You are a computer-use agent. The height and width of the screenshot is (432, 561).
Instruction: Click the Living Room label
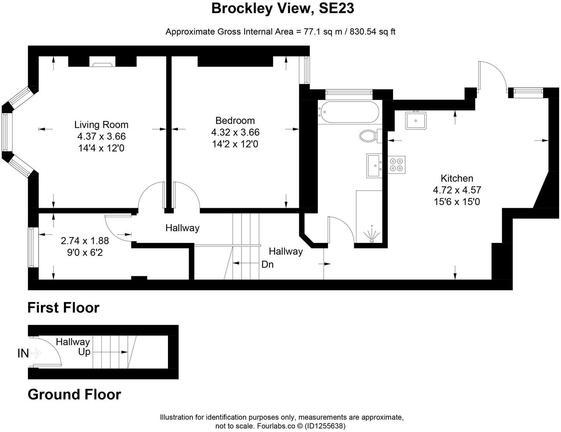point(101,125)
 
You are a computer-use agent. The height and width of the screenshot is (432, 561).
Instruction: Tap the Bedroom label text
point(235,121)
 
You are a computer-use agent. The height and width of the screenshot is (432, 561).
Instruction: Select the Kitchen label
point(457,179)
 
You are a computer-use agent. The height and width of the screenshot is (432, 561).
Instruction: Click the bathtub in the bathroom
point(348,112)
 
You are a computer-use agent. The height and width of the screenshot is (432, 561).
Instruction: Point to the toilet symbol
point(368,136)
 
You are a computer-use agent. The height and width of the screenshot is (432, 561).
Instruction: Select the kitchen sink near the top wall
point(416,120)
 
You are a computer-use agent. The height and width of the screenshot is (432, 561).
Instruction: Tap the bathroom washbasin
point(374,165)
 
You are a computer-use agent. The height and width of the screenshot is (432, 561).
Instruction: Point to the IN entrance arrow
point(35,353)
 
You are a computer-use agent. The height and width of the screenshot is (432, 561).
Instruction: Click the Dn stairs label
point(267,265)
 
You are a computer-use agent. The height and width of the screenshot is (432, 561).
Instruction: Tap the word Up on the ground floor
point(84,352)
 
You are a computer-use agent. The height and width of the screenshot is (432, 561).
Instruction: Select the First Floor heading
point(63,308)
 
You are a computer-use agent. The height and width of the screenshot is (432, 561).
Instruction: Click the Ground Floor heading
point(74,395)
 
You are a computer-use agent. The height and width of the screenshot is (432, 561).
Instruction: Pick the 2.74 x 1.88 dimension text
point(85,241)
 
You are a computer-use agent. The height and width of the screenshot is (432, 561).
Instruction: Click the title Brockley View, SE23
point(282,9)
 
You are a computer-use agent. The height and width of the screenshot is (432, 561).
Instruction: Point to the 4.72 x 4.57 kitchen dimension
point(457,190)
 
